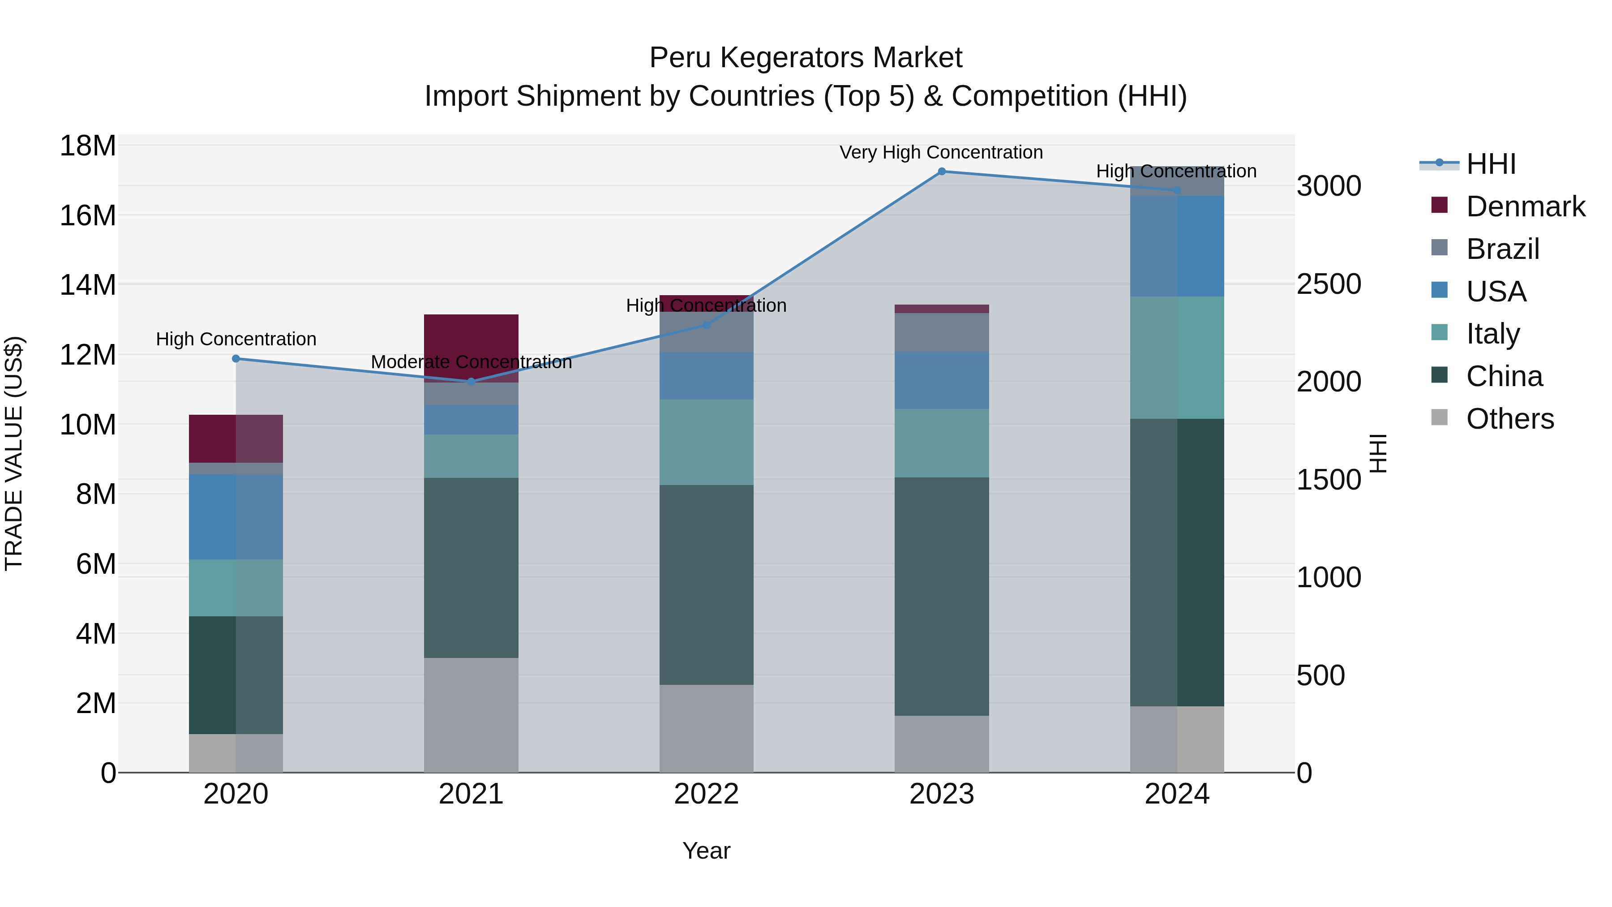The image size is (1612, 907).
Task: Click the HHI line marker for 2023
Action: tap(941, 172)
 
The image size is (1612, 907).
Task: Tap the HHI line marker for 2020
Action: tap(236, 359)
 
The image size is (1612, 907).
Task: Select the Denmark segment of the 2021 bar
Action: tap(471, 348)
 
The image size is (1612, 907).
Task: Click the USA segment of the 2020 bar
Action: tap(236, 516)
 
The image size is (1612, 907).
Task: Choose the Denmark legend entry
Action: tap(1525, 206)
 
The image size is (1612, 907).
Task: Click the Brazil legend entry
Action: tap(1502, 249)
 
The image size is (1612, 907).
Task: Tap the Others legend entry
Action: tap(1509, 419)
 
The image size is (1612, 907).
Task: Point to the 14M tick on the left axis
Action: tap(88, 285)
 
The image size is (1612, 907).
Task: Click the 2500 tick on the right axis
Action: tap(1328, 284)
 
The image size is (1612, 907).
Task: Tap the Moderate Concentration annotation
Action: tap(471, 362)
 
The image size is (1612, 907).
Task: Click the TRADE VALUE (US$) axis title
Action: tap(14, 453)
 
